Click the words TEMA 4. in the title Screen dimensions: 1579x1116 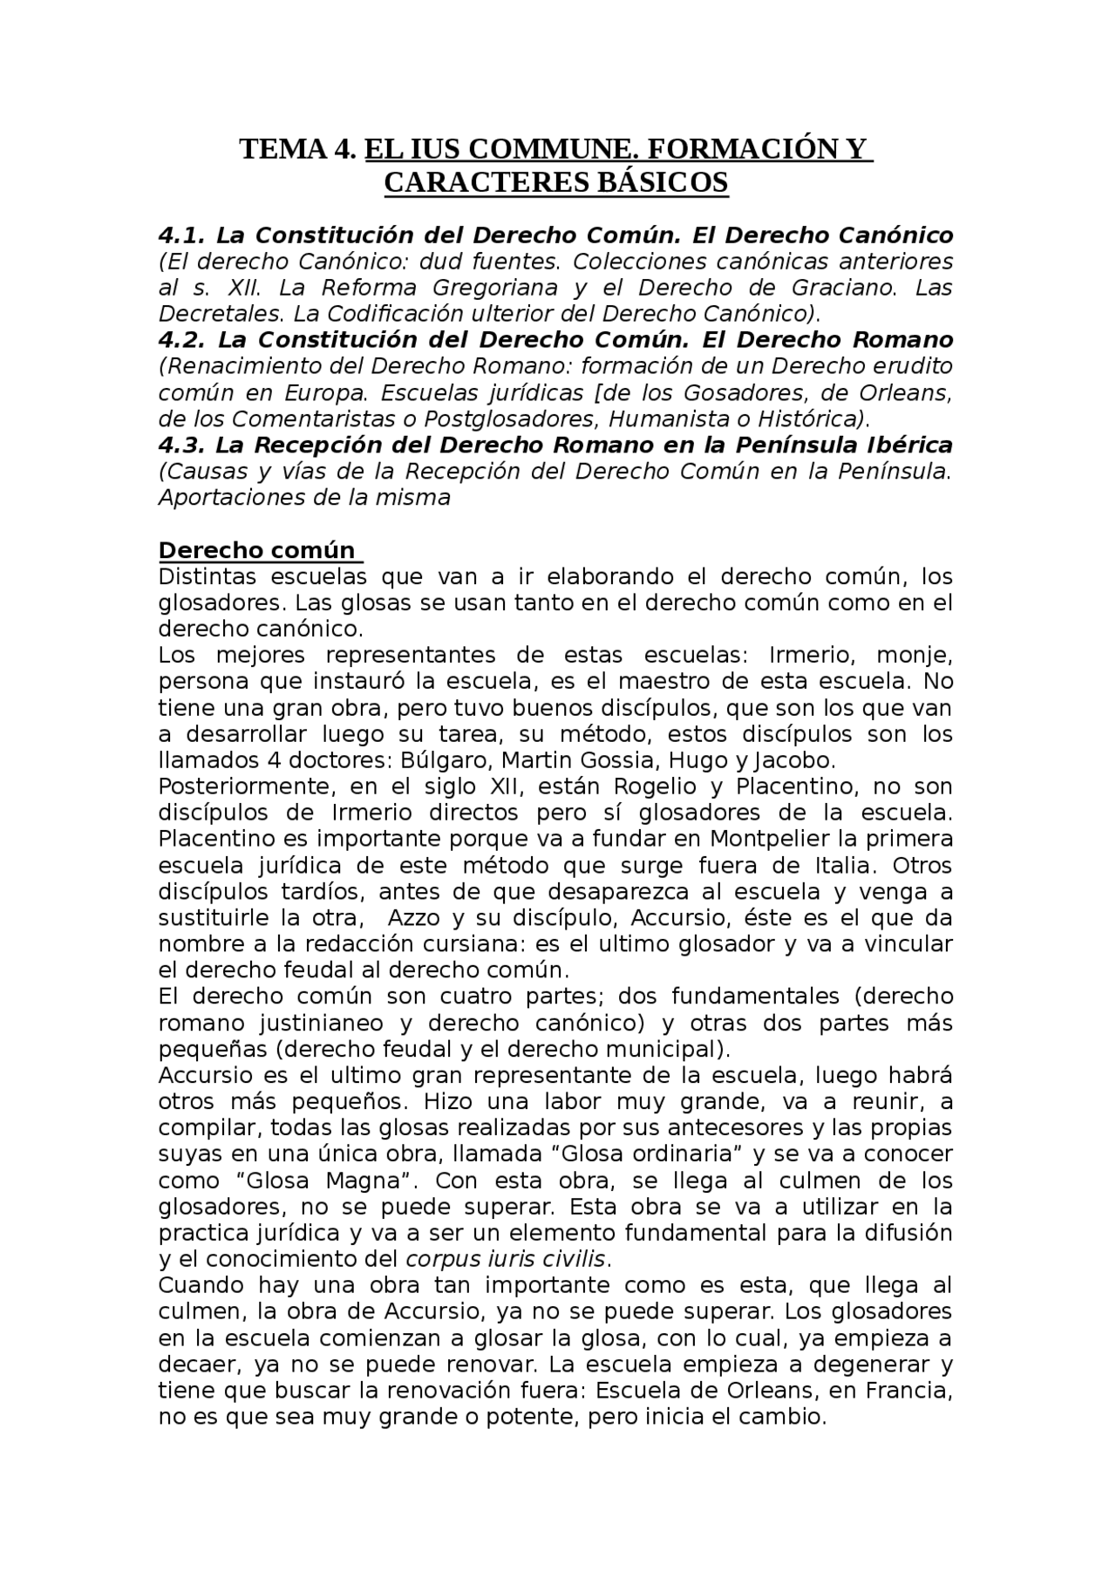coord(298,150)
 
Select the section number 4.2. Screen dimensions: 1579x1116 coord(182,340)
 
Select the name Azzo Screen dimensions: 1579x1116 coord(408,918)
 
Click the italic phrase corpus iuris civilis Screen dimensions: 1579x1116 coord(506,1260)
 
